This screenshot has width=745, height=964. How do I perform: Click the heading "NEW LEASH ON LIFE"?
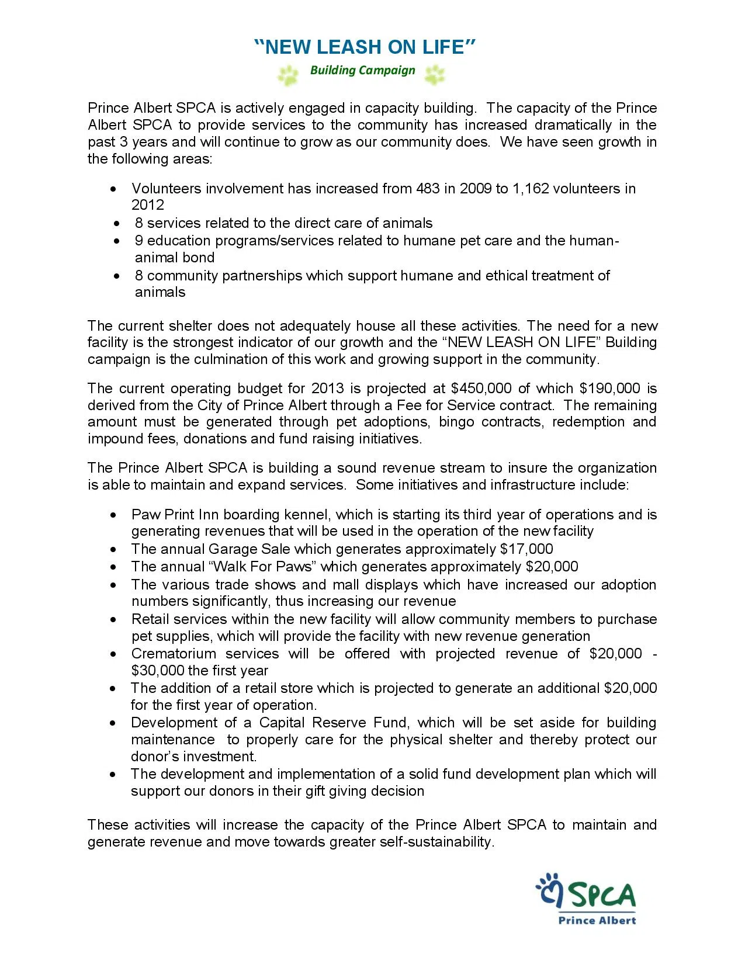point(365,47)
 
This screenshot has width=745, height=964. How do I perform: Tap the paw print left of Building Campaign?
point(287,75)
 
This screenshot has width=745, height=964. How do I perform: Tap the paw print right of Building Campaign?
point(435,74)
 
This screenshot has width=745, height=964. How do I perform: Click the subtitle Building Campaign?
point(362,71)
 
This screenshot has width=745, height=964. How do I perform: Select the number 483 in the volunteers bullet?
point(428,189)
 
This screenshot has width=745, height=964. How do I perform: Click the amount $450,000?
point(481,389)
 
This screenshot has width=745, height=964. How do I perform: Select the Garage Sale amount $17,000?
point(526,549)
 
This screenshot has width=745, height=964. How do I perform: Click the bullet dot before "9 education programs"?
point(119,241)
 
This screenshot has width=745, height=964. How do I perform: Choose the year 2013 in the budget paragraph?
point(327,389)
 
